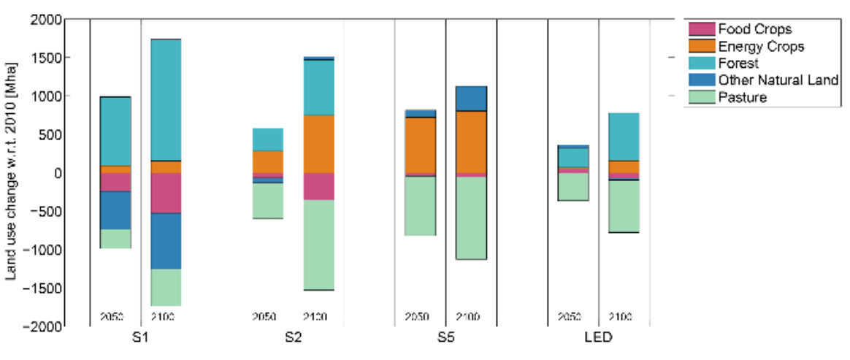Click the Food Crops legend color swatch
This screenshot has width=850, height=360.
tap(701, 29)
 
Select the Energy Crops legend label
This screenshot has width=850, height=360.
tap(761, 47)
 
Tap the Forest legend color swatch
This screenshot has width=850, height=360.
tap(701, 64)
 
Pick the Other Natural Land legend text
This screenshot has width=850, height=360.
tap(778, 80)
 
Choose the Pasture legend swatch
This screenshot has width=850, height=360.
tap(701, 97)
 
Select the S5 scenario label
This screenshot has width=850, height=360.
tap(445, 339)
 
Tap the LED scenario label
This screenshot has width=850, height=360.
tap(599, 339)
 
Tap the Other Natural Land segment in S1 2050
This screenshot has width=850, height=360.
tap(115, 210)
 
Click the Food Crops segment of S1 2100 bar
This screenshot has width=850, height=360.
tap(166, 193)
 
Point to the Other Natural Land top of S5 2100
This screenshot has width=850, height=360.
tap(471, 99)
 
